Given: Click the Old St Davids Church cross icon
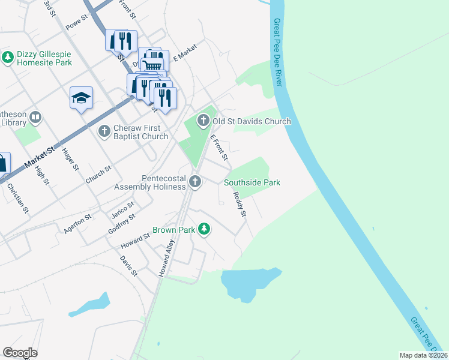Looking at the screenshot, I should click(x=203, y=121).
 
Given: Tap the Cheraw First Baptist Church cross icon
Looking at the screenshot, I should click(x=104, y=130).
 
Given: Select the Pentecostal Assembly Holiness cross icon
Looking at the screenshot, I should click(x=194, y=181).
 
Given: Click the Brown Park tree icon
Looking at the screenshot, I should click(x=205, y=229).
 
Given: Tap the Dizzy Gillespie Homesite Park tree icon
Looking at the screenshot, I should click(x=8, y=58).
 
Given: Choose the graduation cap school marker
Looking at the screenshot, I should click(x=81, y=98).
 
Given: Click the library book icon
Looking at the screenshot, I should click(x=35, y=117).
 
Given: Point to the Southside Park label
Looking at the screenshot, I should click(x=252, y=182).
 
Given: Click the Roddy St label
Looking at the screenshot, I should click(x=240, y=205).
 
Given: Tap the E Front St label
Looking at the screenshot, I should click(x=218, y=147).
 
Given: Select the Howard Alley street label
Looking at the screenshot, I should click(x=166, y=258).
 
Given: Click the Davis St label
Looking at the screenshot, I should click(x=128, y=266).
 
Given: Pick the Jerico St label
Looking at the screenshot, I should click(x=122, y=211).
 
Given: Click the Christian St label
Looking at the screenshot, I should click(x=18, y=197).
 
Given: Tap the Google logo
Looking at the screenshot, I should click(x=20, y=353).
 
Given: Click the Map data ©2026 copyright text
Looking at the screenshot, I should click(x=423, y=355).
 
